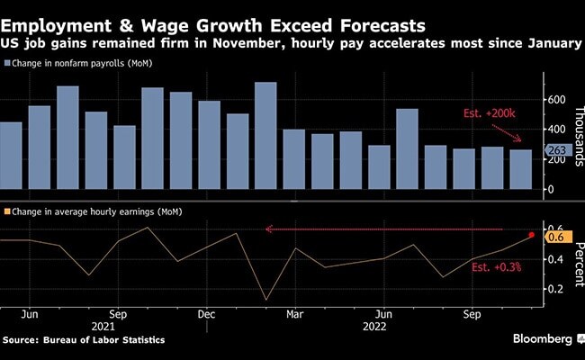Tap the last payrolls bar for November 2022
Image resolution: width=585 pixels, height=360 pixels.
click(520, 171)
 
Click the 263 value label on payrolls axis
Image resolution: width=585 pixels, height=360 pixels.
click(555, 152)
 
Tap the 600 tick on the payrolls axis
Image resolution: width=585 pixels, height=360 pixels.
click(555, 99)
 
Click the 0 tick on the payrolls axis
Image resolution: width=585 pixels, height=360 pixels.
click(549, 190)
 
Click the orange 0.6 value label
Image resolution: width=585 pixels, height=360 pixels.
click(555, 237)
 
